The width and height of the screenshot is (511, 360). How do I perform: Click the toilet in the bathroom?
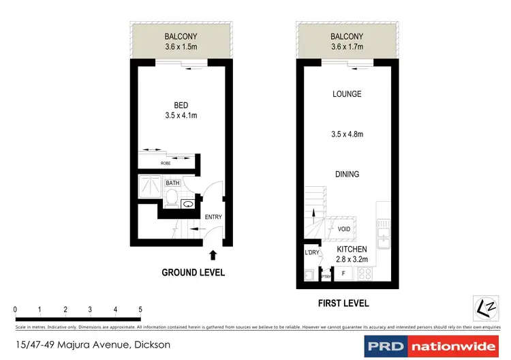[172, 198]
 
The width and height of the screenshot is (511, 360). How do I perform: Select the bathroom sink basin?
[187, 202]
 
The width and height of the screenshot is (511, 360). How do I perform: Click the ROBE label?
[165, 164]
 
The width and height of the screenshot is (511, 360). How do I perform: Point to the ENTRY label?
[213, 217]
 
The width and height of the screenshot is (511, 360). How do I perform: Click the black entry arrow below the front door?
[213, 256]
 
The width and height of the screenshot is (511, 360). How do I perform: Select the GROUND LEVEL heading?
[193, 273]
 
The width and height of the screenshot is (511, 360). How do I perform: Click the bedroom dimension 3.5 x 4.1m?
[181, 116]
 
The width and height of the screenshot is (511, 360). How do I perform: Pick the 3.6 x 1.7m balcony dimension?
[347, 47]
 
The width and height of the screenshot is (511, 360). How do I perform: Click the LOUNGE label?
[347, 94]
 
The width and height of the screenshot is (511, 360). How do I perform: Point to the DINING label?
[347, 175]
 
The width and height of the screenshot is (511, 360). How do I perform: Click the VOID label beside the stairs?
[344, 229]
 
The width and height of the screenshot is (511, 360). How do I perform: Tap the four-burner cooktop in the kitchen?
[362, 274]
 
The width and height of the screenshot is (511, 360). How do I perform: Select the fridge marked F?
[343, 274]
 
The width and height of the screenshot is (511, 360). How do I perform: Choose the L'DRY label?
[312, 253]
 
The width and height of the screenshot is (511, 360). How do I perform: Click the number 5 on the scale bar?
[140, 310]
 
